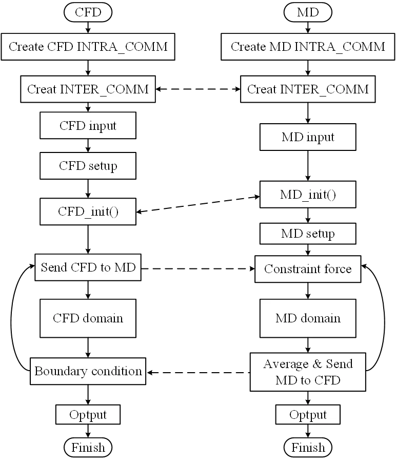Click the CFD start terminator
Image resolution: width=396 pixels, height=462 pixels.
88,12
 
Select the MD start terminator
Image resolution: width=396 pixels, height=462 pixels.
308,12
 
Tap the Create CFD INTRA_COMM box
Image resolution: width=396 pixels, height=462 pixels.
88,47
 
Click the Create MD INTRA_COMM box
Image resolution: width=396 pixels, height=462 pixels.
308,47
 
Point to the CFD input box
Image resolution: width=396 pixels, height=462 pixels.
88,125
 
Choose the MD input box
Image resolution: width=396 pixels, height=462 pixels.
308,137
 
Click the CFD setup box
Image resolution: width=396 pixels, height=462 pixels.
88,166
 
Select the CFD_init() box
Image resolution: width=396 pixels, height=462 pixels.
88,211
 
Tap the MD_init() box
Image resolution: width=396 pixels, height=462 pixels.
308,195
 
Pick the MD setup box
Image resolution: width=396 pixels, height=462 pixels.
308,234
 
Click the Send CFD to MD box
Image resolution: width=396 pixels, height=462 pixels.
88,267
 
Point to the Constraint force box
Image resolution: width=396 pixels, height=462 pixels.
308,269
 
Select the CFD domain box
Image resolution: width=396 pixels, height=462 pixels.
88,318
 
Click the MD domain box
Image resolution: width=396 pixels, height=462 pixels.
308,318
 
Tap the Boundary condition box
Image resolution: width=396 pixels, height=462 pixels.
88,371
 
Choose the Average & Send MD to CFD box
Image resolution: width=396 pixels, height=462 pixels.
308,372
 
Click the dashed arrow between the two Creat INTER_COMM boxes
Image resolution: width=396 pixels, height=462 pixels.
198,89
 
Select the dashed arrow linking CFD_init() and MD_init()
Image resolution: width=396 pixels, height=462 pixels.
198,204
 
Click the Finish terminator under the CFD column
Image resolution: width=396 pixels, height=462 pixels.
88,448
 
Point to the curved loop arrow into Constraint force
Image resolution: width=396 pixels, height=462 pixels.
384,318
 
